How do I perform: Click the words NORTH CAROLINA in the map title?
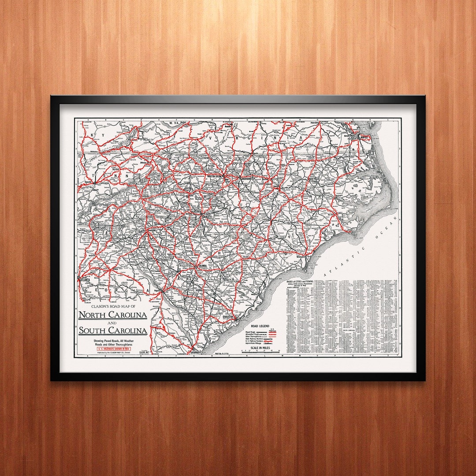(x=113, y=315)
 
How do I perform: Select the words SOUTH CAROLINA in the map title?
(x=113, y=331)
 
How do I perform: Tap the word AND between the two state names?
(x=113, y=323)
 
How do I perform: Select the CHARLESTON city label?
(x=227, y=316)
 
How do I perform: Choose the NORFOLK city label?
(x=365, y=137)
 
